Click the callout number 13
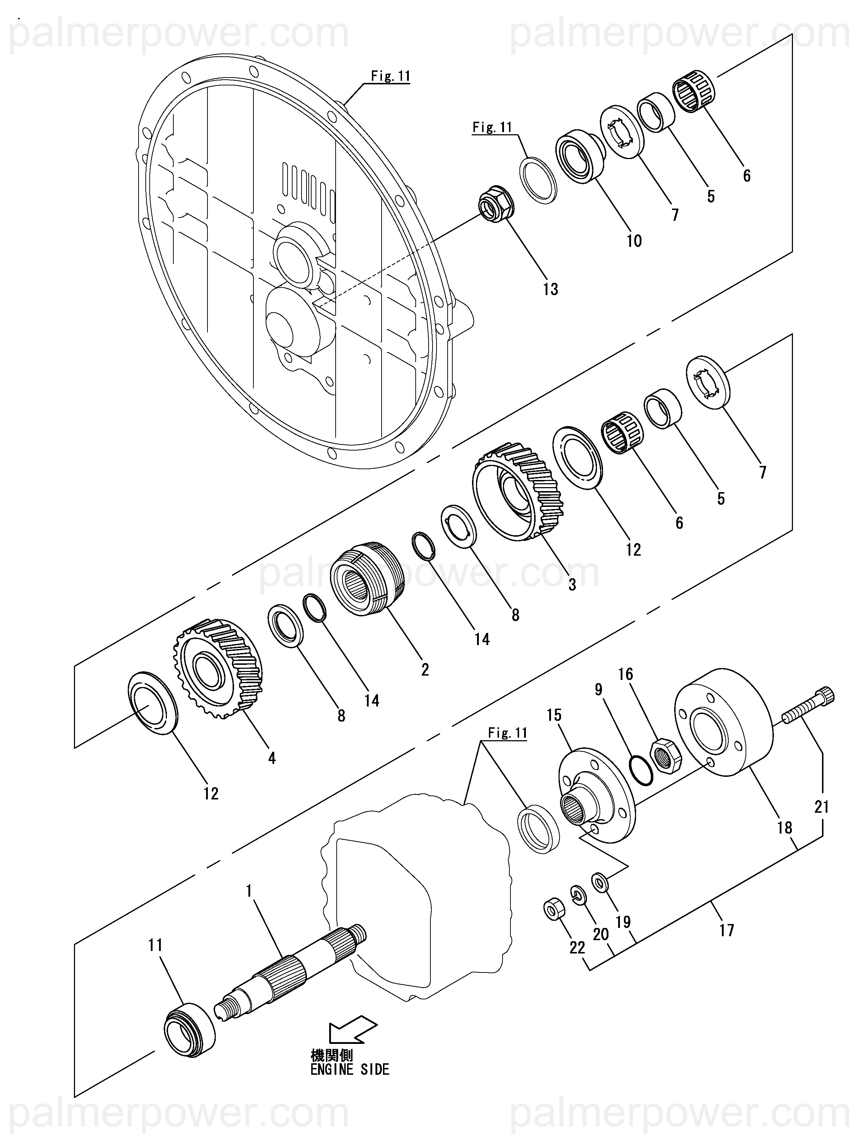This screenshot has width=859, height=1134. [550, 289]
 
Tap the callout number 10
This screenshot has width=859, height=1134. [634, 241]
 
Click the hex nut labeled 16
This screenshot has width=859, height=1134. [665, 755]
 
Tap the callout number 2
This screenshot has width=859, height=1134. [425, 669]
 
